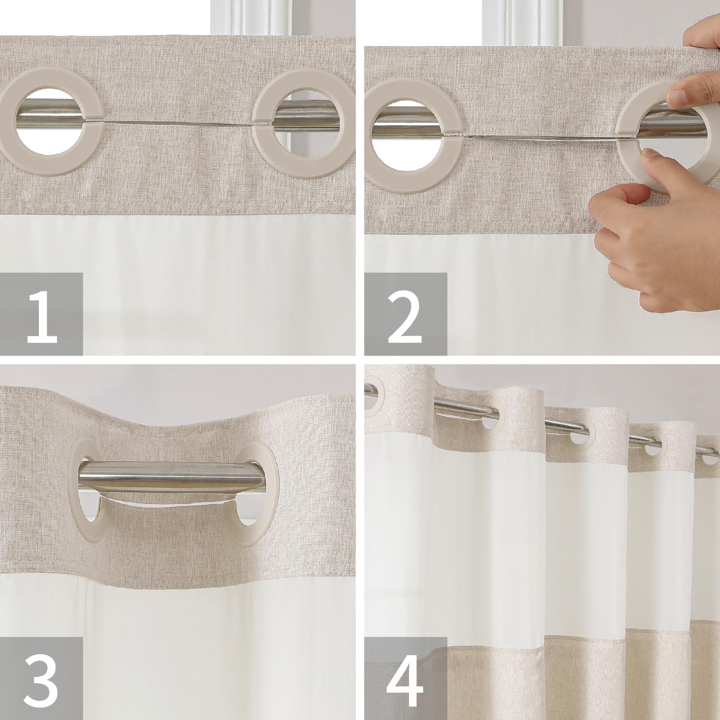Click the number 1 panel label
42,314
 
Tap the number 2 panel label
406,314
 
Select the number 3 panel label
42,678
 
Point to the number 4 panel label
406,678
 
